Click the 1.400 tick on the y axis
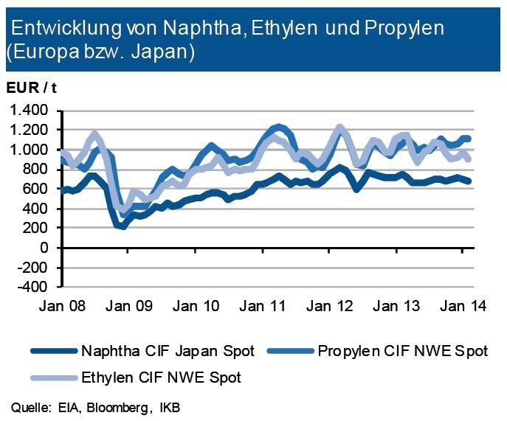pos(29,111)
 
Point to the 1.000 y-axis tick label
pos(29,150)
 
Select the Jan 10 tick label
pos(196,306)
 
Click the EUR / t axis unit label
pos(32,87)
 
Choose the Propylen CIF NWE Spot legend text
pos(402,351)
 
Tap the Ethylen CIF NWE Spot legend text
pos(160,377)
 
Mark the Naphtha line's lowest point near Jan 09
pos(123,226)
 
